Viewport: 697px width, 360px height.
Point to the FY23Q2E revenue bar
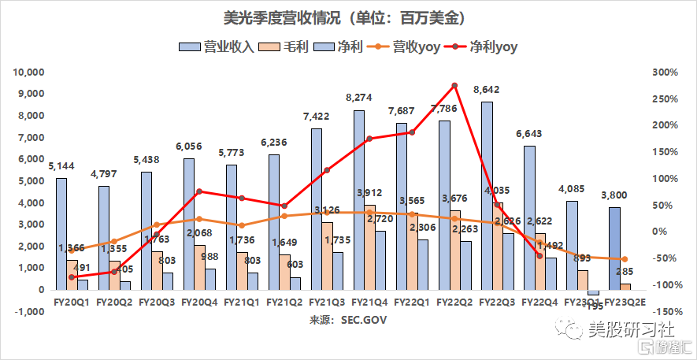pyautogui.click(x=614, y=248)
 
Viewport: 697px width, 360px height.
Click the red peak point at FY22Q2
pyautogui.click(x=454, y=85)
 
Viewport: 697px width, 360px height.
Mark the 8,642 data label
pyautogui.click(x=485, y=90)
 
